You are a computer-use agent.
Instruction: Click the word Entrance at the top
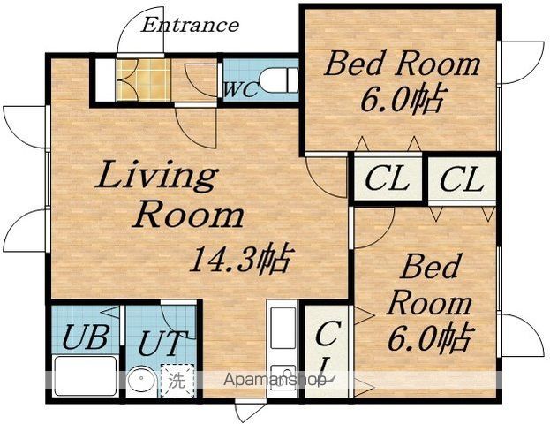pos(190,26)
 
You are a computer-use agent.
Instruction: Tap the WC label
pos(241,90)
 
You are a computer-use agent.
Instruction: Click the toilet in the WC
pos(279,80)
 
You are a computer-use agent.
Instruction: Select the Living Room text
pos(170,194)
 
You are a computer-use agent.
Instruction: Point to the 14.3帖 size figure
pos(240,259)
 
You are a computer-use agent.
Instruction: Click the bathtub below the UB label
pos(86,375)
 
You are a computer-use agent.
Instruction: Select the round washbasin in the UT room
pos(142,381)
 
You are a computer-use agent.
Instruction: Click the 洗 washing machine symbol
pos(177,380)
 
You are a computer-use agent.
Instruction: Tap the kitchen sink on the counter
pos(283,328)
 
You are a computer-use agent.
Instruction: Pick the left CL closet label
pos(387,179)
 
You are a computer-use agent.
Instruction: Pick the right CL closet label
pos(462,179)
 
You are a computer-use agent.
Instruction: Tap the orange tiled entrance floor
pos(144,80)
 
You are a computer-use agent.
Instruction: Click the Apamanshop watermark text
pos(275,380)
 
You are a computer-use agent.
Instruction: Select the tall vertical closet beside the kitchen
pos(327,351)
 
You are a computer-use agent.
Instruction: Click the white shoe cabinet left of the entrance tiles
pos(105,80)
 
